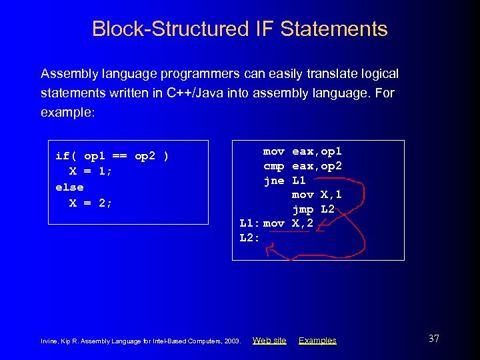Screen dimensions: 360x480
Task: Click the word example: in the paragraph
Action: coord(68,112)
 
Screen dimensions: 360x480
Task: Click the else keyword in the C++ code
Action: coord(69,187)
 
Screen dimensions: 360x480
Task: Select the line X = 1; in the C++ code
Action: coord(91,172)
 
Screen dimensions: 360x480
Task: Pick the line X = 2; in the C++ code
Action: coord(91,203)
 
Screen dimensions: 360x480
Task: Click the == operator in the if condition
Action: coord(120,157)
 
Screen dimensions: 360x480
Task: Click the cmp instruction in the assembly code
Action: coord(274,166)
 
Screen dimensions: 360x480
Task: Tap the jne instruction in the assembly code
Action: coord(274,181)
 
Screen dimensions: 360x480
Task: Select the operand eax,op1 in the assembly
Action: coord(317,152)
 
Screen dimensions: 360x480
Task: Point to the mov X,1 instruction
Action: coord(317,195)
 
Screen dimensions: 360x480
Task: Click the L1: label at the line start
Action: coord(249,223)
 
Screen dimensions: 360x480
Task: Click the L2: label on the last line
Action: coord(249,237)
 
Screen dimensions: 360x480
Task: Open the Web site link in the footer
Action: coord(269,341)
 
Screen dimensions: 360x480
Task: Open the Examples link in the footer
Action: coord(317,341)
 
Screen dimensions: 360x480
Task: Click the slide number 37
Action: coord(433,339)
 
